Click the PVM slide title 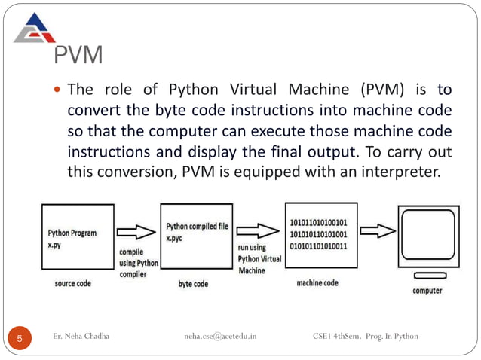78,55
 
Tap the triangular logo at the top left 35,28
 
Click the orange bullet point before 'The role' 57,90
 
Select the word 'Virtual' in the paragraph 253,90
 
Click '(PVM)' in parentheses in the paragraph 382,90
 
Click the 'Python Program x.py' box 78,236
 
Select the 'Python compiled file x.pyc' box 197,236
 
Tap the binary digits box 321,235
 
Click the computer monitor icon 429,242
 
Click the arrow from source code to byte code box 136,232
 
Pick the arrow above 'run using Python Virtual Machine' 258,230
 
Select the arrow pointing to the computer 378,230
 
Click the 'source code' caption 72,283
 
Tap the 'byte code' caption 193,284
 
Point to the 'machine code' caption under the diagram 317,282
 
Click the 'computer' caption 427,291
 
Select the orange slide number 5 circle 20,338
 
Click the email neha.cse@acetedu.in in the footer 220,336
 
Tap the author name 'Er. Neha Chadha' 81,336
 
